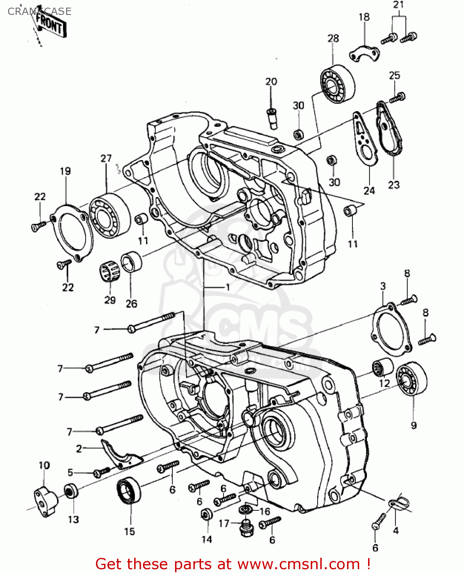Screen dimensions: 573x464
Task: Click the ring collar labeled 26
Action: coord(131,262)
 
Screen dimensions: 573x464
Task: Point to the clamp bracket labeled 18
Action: coord(364,53)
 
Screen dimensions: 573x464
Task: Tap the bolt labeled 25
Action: coord(397,98)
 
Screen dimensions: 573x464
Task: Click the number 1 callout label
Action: coord(228,287)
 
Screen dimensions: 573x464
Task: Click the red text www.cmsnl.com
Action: coord(299,564)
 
